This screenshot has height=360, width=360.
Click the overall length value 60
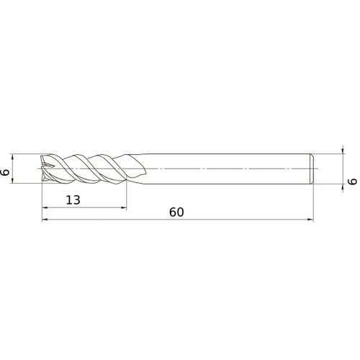[179, 212]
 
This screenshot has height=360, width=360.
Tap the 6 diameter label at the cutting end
[6, 173]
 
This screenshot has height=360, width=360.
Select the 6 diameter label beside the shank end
[353, 183]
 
